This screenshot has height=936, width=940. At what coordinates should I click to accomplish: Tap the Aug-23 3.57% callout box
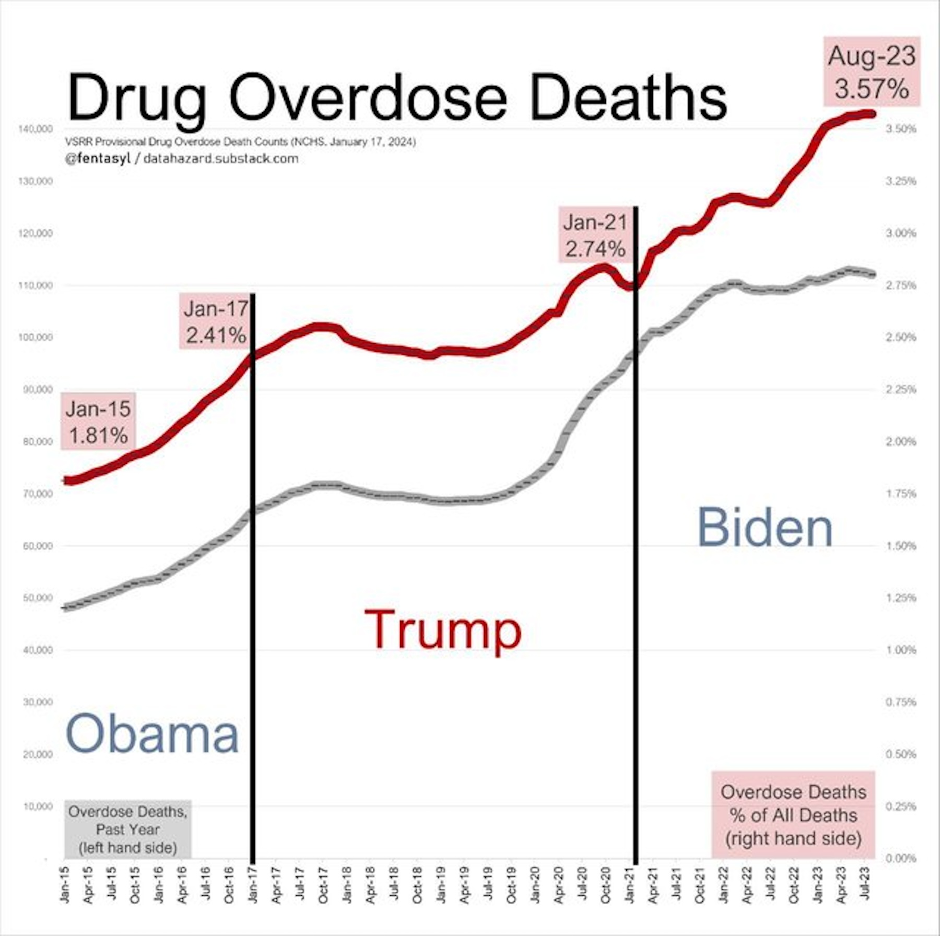point(872,72)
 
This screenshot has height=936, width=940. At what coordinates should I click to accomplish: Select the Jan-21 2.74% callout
point(595,235)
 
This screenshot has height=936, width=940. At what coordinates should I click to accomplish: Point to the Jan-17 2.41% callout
point(215,321)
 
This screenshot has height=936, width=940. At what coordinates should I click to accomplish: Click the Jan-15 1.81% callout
point(98,421)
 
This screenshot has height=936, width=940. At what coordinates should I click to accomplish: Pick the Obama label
point(152,733)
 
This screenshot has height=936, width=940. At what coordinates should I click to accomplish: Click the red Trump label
point(442,630)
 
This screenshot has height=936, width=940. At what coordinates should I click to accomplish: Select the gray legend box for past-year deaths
point(127,829)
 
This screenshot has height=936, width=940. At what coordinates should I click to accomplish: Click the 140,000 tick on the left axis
point(36,129)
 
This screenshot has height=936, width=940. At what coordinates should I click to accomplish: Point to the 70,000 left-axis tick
point(38,494)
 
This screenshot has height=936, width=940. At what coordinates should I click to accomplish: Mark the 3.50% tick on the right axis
point(901,129)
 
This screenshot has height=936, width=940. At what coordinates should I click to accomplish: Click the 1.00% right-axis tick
point(901,650)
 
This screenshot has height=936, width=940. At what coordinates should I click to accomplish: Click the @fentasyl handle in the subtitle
point(97,159)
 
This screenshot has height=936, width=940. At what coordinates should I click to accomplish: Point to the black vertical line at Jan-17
point(253,575)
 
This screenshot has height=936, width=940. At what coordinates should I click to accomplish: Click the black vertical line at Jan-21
point(636,522)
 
